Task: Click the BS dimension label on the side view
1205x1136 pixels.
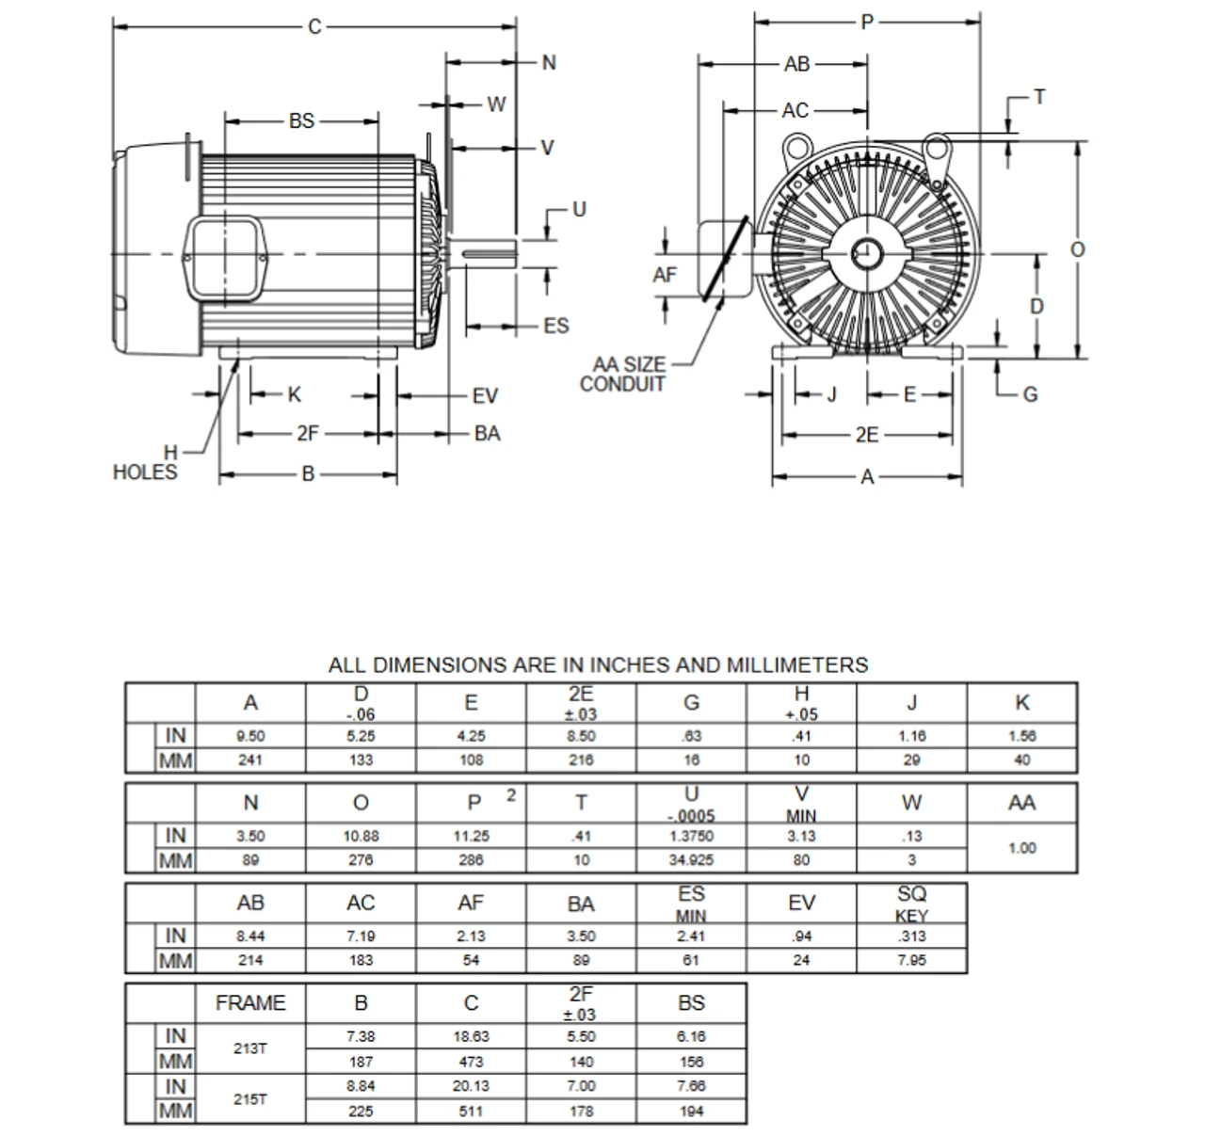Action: [x=301, y=121]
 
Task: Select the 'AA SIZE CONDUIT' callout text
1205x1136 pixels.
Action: [x=623, y=375]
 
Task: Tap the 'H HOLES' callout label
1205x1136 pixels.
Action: [x=146, y=463]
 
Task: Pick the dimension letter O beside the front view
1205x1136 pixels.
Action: [x=1078, y=250]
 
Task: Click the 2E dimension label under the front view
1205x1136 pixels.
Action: [x=867, y=435]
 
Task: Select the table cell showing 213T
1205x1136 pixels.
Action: [x=250, y=1048]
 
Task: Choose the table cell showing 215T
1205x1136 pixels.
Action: [x=250, y=1098]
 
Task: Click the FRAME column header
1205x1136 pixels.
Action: [x=250, y=1003]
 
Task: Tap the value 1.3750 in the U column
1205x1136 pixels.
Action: [x=691, y=836]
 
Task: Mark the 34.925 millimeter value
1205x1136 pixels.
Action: [x=691, y=859]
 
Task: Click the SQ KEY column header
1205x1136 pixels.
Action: [x=911, y=904]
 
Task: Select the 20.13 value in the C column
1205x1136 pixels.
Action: [x=471, y=1086]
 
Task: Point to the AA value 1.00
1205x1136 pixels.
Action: [x=1022, y=848]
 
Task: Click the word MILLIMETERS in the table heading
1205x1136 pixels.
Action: [x=796, y=665]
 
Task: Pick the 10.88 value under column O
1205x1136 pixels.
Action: [x=361, y=836]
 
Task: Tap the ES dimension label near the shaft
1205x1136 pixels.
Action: [x=555, y=326]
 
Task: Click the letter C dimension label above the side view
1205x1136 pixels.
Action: [x=314, y=26]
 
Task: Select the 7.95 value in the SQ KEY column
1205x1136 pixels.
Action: [x=911, y=960]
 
